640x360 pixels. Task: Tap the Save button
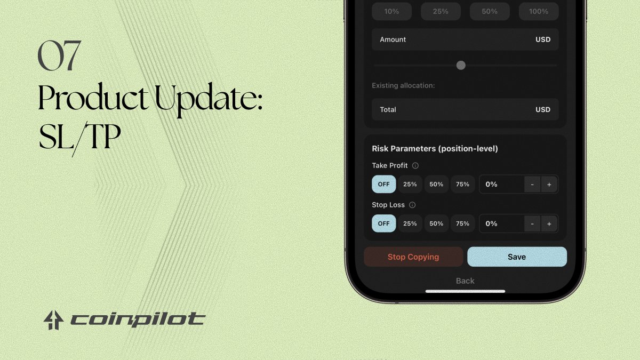pyautogui.click(x=517, y=257)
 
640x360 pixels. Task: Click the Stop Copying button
pyautogui.click(x=413, y=257)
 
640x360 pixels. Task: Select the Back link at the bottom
pyautogui.click(x=465, y=281)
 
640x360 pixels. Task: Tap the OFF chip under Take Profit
pyautogui.click(x=384, y=184)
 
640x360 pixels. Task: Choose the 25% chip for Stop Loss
pyautogui.click(x=410, y=223)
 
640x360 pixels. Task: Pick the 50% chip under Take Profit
pyautogui.click(x=436, y=184)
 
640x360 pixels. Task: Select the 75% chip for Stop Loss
pyautogui.click(x=463, y=223)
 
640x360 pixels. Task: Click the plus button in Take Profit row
pyautogui.click(x=549, y=184)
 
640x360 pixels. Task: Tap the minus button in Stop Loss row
pyautogui.click(x=532, y=223)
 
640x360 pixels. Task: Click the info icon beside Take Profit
pyautogui.click(x=415, y=166)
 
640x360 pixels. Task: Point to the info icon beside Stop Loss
pyautogui.click(x=412, y=205)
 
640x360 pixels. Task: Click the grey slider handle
pyautogui.click(x=461, y=65)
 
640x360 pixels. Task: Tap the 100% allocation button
pyautogui.click(x=539, y=11)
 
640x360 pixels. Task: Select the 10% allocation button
pyautogui.click(x=391, y=11)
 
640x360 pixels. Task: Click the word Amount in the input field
pyautogui.click(x=393, y=39)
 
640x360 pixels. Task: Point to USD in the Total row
pyautogui.click(x=543, y=109)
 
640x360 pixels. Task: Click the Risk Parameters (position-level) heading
pyautogui.click(x=435, y=149)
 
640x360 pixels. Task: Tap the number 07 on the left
pyautogui.click(x=59, y=56)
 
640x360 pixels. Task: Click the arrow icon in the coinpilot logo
pyautogui.click(x=54, y=320)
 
